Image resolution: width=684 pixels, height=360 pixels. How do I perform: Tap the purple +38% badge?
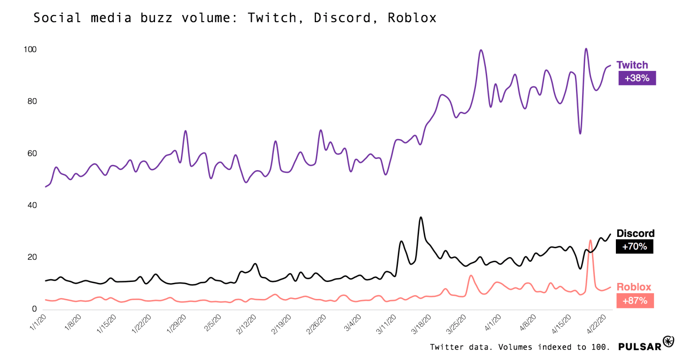point(637,78)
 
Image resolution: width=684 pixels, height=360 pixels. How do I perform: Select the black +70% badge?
point(634,246)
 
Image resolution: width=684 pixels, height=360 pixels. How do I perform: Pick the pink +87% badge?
point(635,300)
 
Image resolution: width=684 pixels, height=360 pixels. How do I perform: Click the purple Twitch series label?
point(632,65)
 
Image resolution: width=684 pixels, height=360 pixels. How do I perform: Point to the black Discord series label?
point(635,234)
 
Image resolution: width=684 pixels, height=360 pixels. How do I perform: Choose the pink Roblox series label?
point(634,287)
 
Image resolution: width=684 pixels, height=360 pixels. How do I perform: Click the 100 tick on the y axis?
point(30,50)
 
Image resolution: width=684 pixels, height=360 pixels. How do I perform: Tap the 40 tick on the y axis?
point(31,205)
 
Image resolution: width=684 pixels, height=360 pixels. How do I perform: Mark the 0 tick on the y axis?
point(34,309)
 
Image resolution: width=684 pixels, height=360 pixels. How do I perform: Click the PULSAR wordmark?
point(639,347)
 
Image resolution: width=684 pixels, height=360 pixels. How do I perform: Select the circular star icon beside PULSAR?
point(668,342)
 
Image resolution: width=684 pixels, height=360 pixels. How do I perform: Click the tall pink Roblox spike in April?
point(590,241)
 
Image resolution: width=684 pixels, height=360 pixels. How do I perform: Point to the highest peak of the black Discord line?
point(420,218)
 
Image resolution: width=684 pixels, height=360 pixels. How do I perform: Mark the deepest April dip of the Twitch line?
point(580,133)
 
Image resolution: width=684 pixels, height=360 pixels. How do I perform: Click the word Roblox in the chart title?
point(412,18)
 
